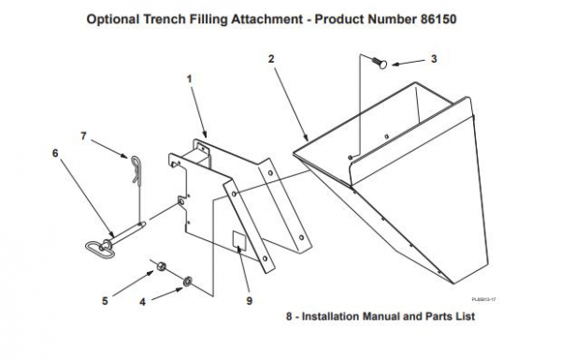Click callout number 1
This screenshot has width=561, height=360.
coord(190,80)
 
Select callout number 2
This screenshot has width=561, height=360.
coord(270,59)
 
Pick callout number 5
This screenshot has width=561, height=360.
coord(105,302)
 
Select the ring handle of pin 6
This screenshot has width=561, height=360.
coord(97,247)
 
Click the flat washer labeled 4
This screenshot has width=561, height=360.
coord(188,280)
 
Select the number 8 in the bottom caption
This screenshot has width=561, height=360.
coord(290,317)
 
